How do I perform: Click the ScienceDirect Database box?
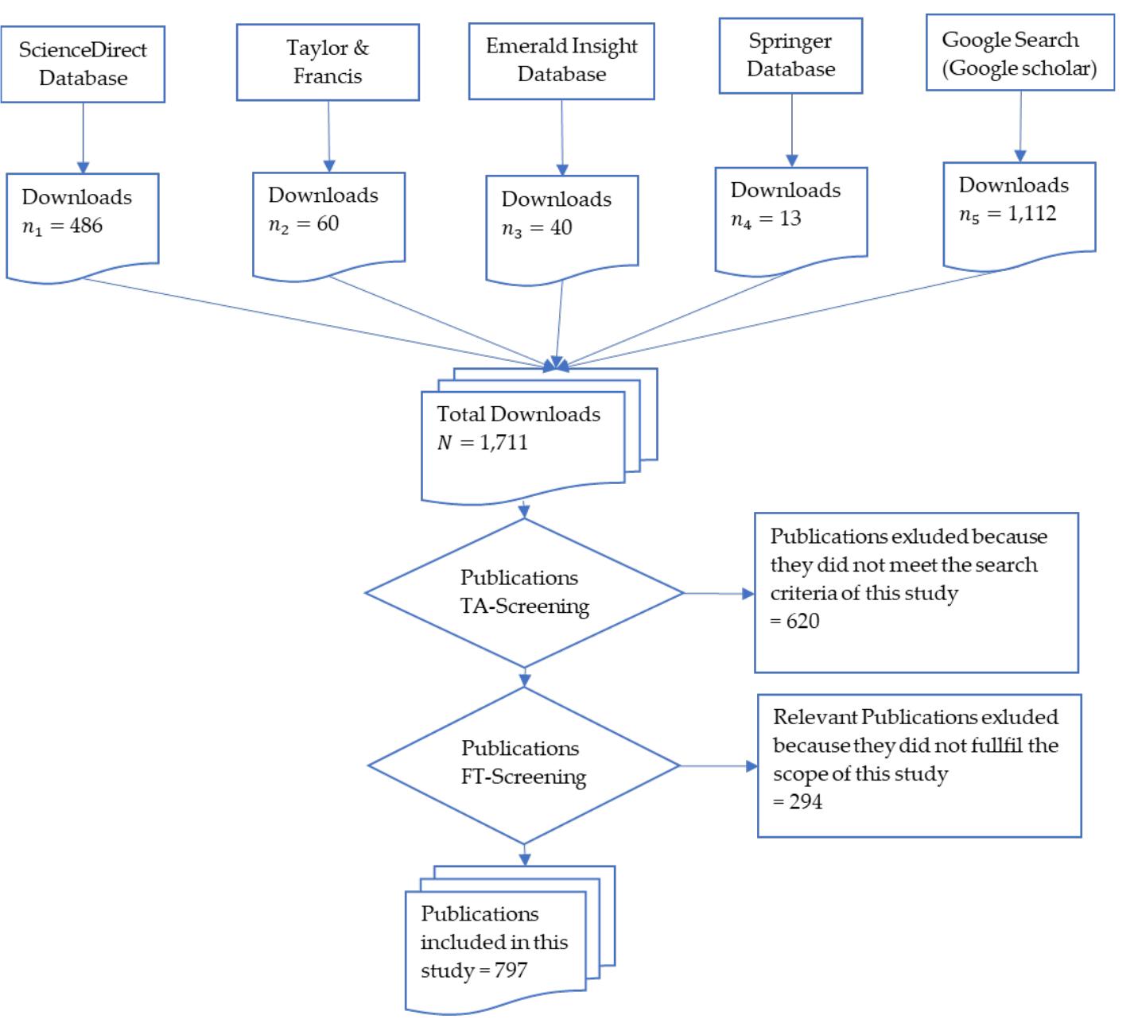coord(83,64)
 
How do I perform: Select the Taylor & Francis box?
coord(328,62)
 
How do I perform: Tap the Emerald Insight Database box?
coord(561,60)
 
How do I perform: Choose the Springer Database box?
coord(790,56)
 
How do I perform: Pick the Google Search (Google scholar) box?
coord(1019,53)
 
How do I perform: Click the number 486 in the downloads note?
coord(86,226)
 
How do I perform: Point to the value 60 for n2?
coord(328,224)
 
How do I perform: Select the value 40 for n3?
coord(561,228)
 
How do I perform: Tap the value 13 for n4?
coord(790,219)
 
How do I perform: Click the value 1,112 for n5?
coord(1032,214)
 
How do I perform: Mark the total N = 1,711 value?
coord(503,443)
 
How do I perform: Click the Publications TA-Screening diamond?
coord(524,592)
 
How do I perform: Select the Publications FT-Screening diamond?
coord(524,764)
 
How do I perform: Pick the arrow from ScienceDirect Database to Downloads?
coord(83,138)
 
